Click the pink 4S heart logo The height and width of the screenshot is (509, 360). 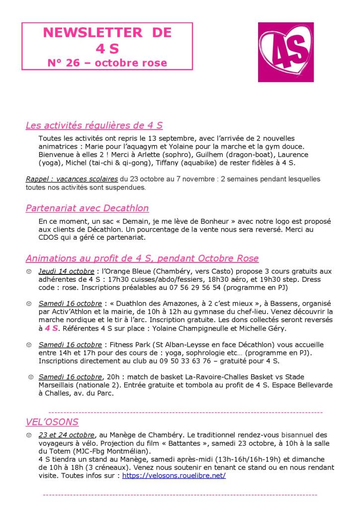285,52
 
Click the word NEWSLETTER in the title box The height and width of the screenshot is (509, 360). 87,33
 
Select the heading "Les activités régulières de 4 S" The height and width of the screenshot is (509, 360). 94,125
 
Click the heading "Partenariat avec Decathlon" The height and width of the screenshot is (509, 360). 87,208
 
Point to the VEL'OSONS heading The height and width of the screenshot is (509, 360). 52,422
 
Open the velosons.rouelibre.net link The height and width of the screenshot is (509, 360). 174,475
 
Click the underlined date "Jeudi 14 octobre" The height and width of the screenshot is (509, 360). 67,271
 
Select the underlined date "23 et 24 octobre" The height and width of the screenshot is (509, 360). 66,434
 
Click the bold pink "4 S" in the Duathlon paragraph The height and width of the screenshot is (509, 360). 51,328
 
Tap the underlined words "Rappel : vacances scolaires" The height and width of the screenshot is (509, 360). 72,179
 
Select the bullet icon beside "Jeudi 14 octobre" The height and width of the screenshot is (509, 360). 29,272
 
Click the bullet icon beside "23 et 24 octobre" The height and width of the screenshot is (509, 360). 29,435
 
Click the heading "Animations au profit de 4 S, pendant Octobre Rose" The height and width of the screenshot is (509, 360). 142,258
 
